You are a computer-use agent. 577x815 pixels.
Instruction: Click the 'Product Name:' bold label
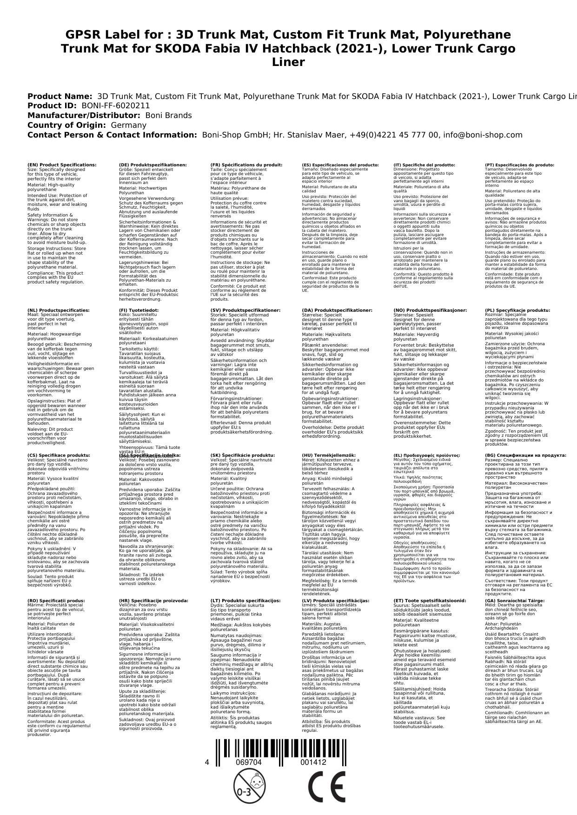(60, 96)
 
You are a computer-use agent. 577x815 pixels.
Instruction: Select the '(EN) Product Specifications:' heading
(62, 164)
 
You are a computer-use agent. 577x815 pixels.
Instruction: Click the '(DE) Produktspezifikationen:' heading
(153, 164)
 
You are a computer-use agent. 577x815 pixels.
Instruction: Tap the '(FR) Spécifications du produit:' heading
(246, 164)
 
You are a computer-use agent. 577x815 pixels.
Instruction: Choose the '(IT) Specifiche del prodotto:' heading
(424, 164)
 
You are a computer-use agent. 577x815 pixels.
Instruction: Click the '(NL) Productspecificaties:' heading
(59, 310)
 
